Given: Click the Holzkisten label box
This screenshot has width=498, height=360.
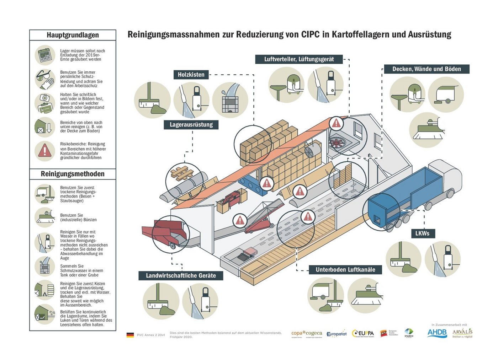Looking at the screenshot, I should click(191, 75).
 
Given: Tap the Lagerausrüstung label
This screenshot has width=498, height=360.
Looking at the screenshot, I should click(191, 125).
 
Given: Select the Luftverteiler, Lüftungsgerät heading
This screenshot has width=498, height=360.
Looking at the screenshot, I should click(299, 59).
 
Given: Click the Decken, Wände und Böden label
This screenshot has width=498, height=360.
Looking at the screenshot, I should click(427, 69).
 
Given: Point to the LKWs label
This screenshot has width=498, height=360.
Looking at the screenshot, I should click(422, 233).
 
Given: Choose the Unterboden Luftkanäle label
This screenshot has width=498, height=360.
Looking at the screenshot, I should click(345, 270).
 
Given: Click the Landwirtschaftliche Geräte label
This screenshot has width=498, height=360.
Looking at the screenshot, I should click(181, 275).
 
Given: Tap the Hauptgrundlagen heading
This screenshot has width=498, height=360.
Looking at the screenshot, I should click(73, 35).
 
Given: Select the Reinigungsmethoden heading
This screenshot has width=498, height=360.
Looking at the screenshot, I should click(73, 174).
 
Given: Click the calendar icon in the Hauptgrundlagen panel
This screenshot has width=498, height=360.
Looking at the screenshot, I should click(45, 55).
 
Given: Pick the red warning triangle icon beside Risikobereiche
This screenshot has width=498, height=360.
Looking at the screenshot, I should click(45, 151).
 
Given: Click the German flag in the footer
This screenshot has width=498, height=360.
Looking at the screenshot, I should click(130, 335).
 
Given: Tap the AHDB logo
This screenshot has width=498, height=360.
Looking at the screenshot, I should click(437, 333).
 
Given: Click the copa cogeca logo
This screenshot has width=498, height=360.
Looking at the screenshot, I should click(306, 334).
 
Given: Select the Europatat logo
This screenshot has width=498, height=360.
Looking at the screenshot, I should click(336, 334).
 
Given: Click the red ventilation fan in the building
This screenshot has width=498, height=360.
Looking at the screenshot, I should click(337, 142).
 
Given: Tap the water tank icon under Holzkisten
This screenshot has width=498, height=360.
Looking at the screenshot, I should click(230, 101).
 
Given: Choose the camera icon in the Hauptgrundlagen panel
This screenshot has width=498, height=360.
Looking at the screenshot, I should click(45, 98).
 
